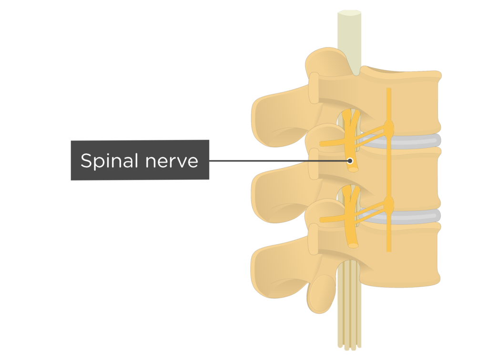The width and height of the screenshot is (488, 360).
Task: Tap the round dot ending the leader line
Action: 351,161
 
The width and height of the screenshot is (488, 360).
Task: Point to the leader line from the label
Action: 276,161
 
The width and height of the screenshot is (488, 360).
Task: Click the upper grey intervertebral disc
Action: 415,141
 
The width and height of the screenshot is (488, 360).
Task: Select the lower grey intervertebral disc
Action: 415,217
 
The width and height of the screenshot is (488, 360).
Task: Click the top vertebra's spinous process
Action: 276,114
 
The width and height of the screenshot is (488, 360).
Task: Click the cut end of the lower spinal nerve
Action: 354,246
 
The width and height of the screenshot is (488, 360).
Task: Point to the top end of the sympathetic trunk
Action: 389,90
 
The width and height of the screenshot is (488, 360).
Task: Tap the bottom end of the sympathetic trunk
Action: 389,250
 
